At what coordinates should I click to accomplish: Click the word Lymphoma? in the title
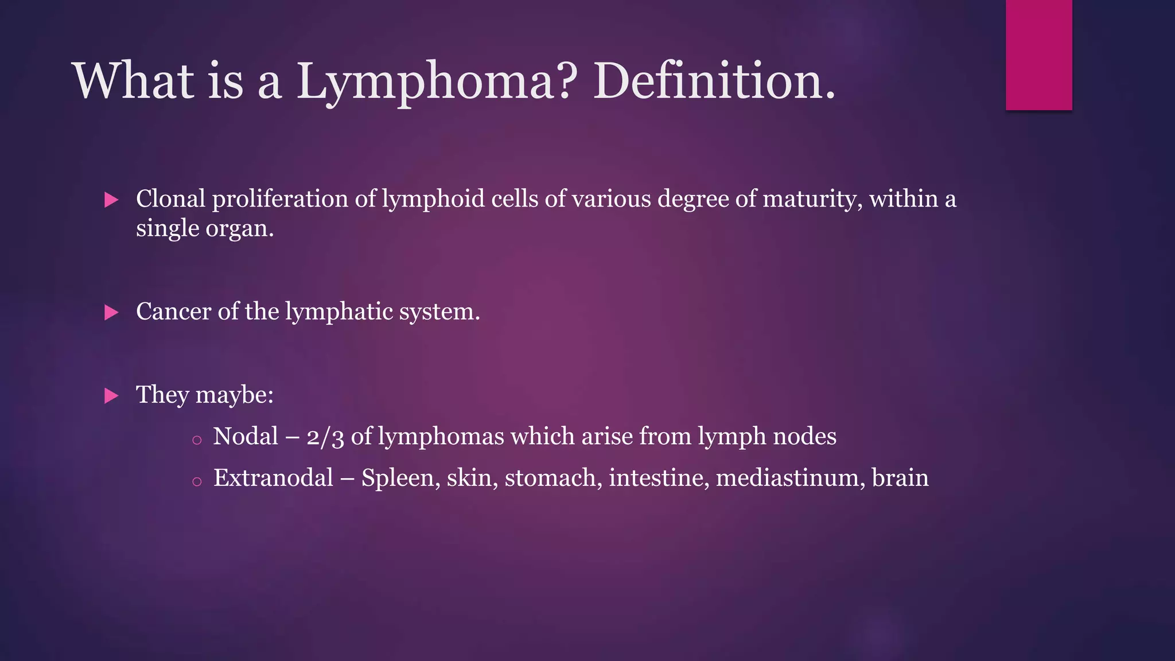point(434,81)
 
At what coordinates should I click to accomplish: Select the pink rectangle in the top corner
point(1038,55)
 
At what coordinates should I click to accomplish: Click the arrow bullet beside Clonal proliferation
point(111,200)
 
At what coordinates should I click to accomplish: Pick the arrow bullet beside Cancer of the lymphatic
point(111,313)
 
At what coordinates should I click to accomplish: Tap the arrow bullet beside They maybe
point(111,396)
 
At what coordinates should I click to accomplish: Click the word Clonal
point(170,199)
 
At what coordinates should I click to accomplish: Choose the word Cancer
point(173,312)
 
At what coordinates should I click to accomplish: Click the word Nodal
point(246,437)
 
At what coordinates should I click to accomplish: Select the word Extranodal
point(273,478)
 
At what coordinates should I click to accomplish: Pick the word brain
point(900,478)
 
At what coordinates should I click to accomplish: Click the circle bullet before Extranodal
point(197,482)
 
